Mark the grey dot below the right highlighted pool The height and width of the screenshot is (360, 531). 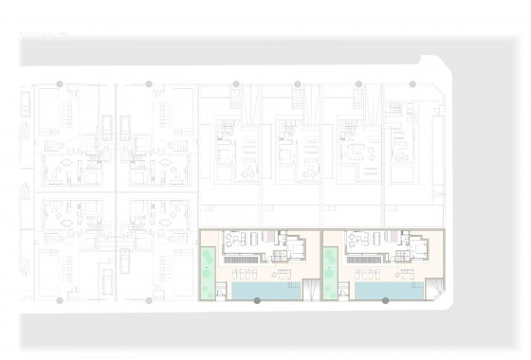385,301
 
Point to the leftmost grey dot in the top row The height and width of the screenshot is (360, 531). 59,84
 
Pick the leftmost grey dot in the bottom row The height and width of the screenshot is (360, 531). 59,301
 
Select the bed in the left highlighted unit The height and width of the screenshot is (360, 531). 296,250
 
